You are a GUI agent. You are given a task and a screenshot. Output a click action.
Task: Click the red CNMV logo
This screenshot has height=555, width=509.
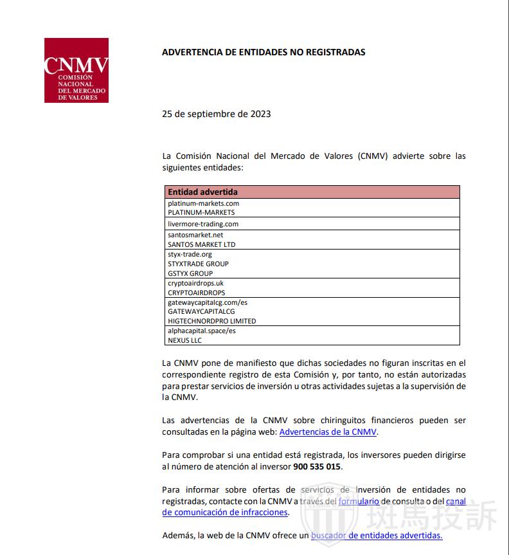click(76, 70)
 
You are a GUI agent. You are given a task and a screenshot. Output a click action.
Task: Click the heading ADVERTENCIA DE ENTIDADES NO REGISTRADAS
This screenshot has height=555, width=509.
click(263, 52)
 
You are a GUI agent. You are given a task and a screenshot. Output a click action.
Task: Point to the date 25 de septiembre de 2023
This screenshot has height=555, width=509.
click(216, 114)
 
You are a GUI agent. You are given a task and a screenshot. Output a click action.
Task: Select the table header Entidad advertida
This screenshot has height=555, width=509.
click(202, 192)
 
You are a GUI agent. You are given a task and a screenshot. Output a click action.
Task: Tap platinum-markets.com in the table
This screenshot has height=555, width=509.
click(203, 203)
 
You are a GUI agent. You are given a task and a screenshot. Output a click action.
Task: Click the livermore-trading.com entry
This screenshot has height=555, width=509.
click(203, 224)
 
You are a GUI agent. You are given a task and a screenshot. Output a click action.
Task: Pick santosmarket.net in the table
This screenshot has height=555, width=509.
click(195, 235)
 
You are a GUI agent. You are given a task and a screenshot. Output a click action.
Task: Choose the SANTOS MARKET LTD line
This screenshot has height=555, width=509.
click(201, 244)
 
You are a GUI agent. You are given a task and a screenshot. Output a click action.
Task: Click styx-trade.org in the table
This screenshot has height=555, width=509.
click(190, 254)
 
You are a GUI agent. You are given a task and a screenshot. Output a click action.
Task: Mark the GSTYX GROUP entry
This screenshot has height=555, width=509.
click(190, 273)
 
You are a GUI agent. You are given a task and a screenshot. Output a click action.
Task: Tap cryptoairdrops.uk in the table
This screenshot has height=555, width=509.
click(195, 283)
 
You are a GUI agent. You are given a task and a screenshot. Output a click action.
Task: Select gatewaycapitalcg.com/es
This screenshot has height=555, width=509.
click(208, 302)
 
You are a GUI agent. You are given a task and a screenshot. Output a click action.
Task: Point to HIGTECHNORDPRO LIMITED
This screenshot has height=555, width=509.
click(211, 321)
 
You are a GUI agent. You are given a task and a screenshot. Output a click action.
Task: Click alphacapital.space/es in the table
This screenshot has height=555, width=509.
click(201, 331)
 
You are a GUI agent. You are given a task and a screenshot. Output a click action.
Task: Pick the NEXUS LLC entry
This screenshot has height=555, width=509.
click(184, 340)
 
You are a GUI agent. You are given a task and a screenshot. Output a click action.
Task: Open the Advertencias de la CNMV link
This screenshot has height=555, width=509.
click(328, 432)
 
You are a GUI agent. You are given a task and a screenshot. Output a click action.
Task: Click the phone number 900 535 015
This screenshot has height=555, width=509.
click(317, 467)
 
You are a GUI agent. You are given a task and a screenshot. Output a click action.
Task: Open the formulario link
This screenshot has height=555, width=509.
click(359, 501)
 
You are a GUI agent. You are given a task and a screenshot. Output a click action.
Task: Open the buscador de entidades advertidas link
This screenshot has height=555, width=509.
click(377, 536)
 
